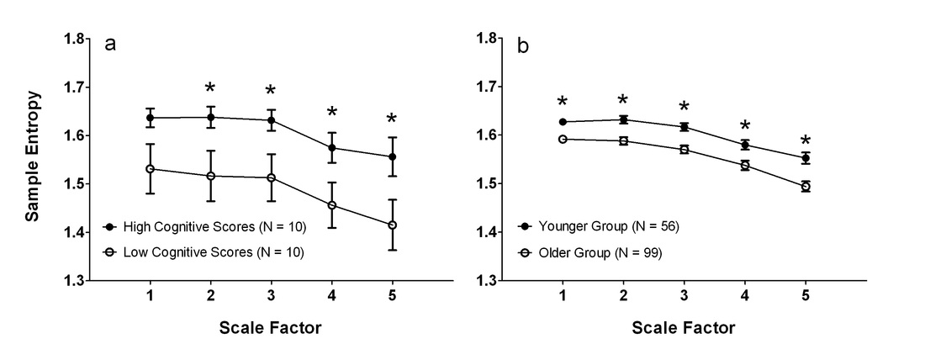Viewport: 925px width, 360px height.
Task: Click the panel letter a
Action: [x=110, y=45]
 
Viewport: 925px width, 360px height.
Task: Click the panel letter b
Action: [x=523, y=45]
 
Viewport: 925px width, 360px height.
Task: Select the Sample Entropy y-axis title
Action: [x=33, y=156]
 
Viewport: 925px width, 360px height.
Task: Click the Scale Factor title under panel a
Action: [x=271, y=328]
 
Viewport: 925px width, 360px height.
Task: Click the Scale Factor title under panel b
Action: [x=684, y=328]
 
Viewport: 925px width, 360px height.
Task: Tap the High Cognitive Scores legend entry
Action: [x=204, y=226]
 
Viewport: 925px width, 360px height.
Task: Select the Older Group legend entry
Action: [x=590, y=253]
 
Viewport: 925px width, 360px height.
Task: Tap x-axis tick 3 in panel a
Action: [x=272, y=296]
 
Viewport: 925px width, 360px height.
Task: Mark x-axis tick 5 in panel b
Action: [x=806, y=296]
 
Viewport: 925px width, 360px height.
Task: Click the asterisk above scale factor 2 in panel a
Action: [x=210, y=88]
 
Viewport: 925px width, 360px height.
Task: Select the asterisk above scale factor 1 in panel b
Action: [x=563, y=102]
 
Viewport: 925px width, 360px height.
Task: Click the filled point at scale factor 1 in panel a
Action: [x=150, y=118]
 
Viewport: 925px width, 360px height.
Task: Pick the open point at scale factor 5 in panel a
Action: [x=393, y=225]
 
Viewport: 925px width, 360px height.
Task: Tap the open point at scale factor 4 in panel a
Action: [x=331, y=205]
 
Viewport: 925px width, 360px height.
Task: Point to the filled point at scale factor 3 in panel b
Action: [x=684, y=127]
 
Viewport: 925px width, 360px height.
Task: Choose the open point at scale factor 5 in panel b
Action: [x=806, y=187]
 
